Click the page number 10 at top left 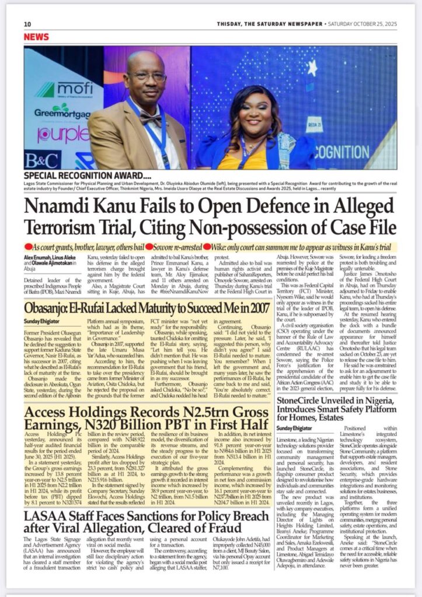(x=27, y=24)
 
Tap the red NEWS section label (x=36, y=37)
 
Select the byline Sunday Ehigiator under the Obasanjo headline (x=41, y=321)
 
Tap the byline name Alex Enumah (x=38, y=256)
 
